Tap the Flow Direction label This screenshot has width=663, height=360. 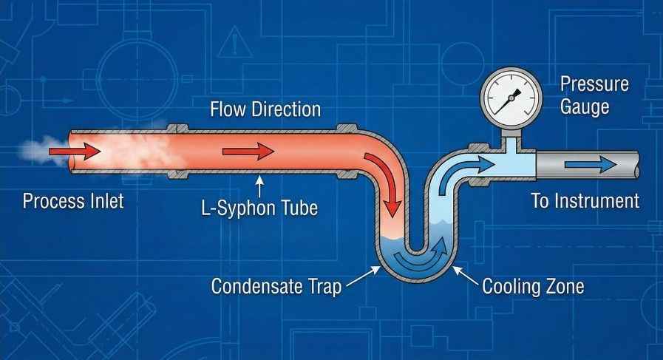265,110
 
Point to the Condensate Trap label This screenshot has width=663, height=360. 276,286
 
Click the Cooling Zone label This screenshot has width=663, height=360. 533,286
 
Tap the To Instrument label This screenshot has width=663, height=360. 585,200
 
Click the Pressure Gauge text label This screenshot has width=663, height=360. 594,95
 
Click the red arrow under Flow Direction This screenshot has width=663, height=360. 248,152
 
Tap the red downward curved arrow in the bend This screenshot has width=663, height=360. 390,185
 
